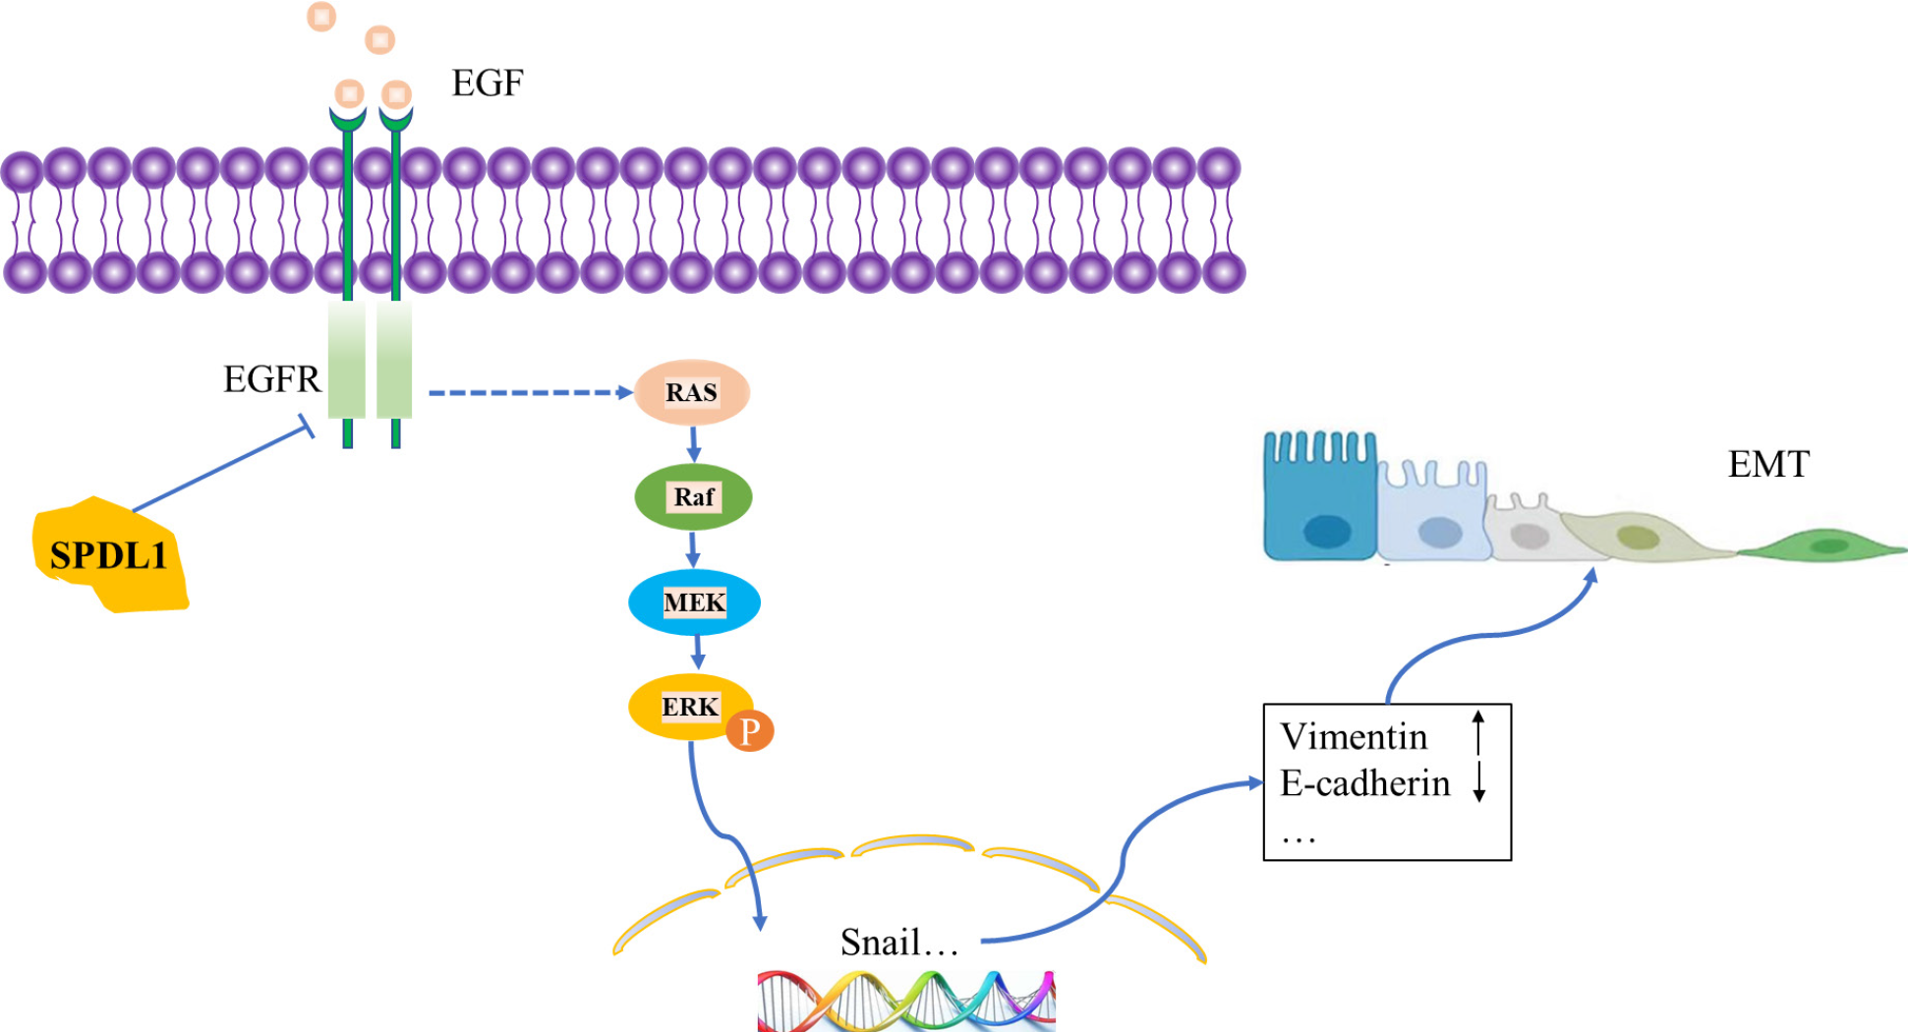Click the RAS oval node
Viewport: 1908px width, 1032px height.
click(692, 392)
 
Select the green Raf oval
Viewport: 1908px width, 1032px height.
click(693, 496)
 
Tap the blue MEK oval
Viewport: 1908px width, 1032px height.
click(694, 602)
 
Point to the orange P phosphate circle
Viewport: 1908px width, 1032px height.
click(750, 730)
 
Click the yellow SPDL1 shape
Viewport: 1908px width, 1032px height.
click(109, 556)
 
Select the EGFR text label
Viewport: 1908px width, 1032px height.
click(271, 379)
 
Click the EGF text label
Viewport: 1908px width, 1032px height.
click(487, 84)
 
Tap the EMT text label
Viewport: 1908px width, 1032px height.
click(1767, 464)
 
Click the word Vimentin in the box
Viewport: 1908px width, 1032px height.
click(1354, 736)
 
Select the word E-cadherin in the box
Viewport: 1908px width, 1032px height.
click(1364, 783)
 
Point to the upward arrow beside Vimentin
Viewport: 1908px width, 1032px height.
click(1477, 733)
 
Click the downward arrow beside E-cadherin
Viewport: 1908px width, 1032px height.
click(1478, 781)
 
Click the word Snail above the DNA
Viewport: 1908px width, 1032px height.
click(880, 943)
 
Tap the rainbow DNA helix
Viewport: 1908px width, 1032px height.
click(905, 1001)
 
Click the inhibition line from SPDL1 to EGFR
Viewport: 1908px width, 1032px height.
click(221, 468)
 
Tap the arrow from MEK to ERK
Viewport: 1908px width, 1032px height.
click(698, 652)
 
